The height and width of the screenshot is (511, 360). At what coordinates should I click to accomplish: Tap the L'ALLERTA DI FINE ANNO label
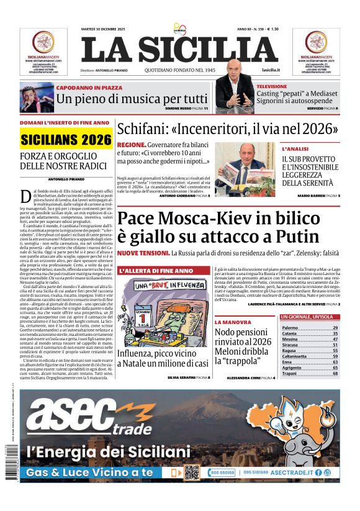click(x=156, y=271)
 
